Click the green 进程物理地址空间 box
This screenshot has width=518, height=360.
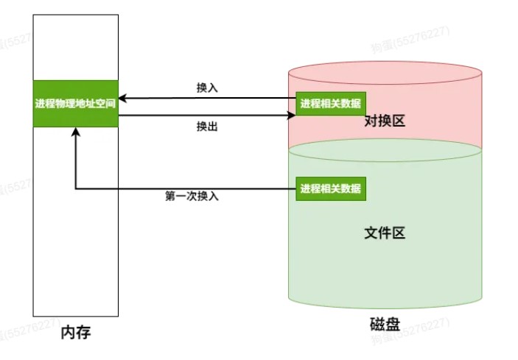[75, 103]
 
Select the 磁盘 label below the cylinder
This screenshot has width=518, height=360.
[384, 325]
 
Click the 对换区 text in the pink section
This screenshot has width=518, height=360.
[385, 121]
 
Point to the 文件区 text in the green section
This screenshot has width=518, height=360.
[385, 233]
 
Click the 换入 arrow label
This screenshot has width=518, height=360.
[207, 88]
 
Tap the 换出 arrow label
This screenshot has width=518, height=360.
[207, 127]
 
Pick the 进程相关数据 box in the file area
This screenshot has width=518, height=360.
[331, 188]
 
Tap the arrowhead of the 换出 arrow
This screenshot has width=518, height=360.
[290, 115]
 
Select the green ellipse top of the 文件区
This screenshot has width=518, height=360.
[384, 151]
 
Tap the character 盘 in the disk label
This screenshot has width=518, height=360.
[392, 325]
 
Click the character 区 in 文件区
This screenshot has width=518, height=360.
[399, 233]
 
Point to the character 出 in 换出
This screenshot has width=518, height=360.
[212, 127]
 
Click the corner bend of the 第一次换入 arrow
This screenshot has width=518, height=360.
[75, 189]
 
